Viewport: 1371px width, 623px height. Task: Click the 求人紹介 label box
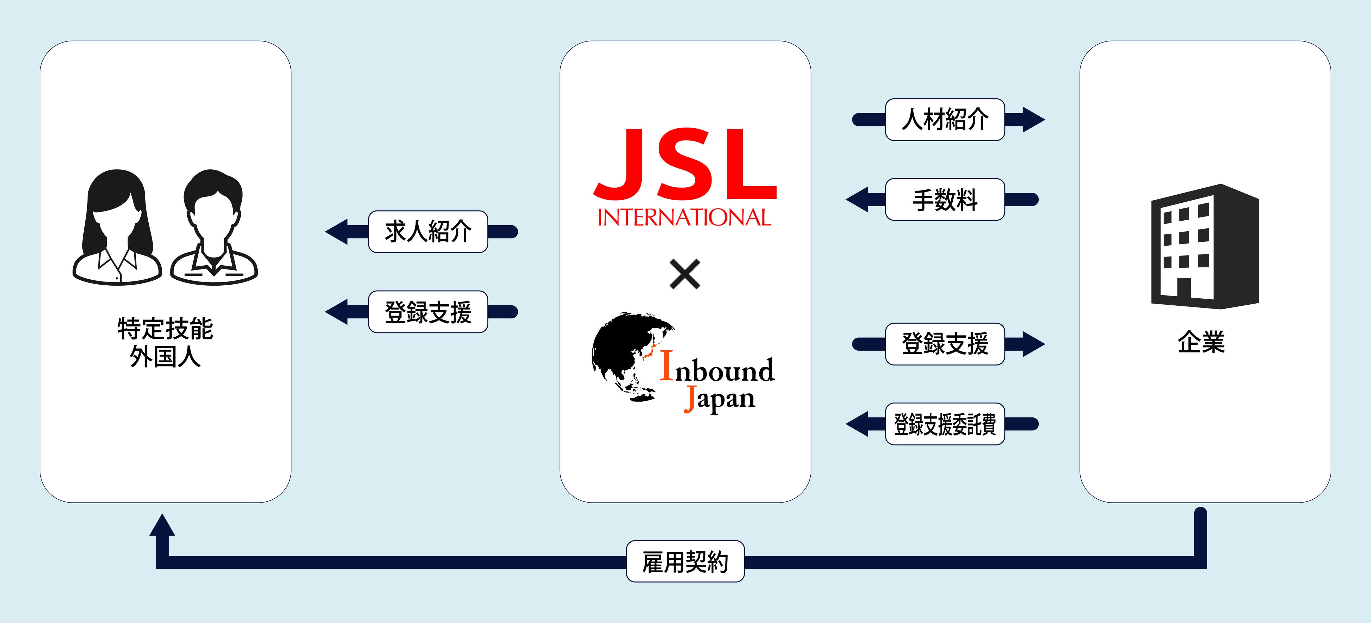pos(428,232)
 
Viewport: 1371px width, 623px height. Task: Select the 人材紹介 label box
pos(945,120)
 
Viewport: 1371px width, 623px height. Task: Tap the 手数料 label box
pos(945,200)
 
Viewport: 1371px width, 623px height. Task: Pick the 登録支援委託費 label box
pos(945,424)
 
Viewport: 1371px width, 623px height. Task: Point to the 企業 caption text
pos(1201,342)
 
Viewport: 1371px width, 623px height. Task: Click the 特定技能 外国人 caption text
pos(165,343)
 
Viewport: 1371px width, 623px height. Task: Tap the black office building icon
pos(1205,247)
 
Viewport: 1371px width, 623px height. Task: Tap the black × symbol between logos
pos(685,274)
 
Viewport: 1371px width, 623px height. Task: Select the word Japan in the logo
pos(720,399)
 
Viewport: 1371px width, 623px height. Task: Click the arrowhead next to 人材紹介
pos(1032,120)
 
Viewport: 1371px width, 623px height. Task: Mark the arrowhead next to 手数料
pos(858,200)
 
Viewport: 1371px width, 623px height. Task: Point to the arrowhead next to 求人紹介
pos(337,232)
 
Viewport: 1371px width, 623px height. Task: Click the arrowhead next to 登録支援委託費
pos(858,424)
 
